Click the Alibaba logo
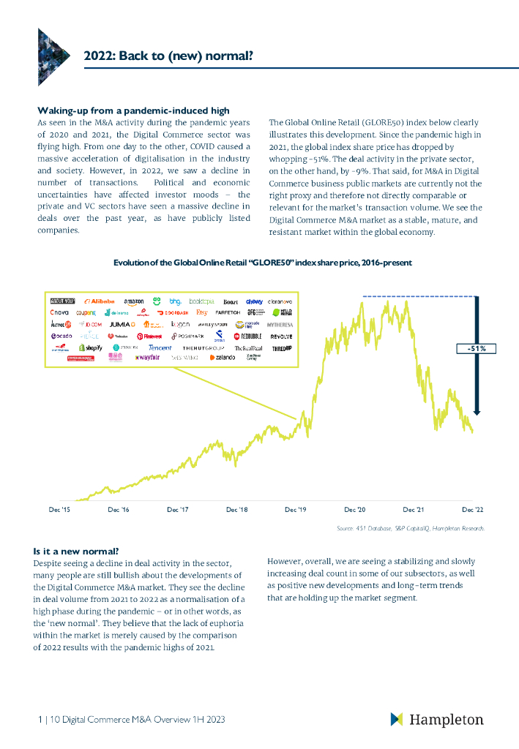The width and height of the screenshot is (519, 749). tap(100, 301)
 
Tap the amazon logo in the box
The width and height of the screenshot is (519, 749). tap(134, 301)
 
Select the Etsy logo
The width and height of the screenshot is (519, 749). tap(202, 312)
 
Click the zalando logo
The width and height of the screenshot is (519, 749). tap(223, 358)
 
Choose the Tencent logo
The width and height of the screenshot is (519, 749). tap(160, 347)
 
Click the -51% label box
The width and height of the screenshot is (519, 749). tap(477, 349)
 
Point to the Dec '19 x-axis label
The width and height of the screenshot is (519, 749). tap(296, 509)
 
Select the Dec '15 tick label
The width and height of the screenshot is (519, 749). tap(59, 509)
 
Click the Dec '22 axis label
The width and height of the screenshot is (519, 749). tap(472, 509)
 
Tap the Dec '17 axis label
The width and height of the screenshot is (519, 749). tap(178, 509)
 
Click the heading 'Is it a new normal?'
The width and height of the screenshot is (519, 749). tap(76, 551)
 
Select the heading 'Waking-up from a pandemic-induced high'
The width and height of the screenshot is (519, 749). tap(133, 110)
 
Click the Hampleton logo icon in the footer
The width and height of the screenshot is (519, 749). tap(396, 719)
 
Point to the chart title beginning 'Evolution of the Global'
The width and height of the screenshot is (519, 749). tap(262, 263)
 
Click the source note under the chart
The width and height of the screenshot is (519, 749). tap(410, 527)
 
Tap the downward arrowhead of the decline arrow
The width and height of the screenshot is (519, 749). tap(477, 411)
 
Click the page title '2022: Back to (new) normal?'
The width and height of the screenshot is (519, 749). tap(168, 53)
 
